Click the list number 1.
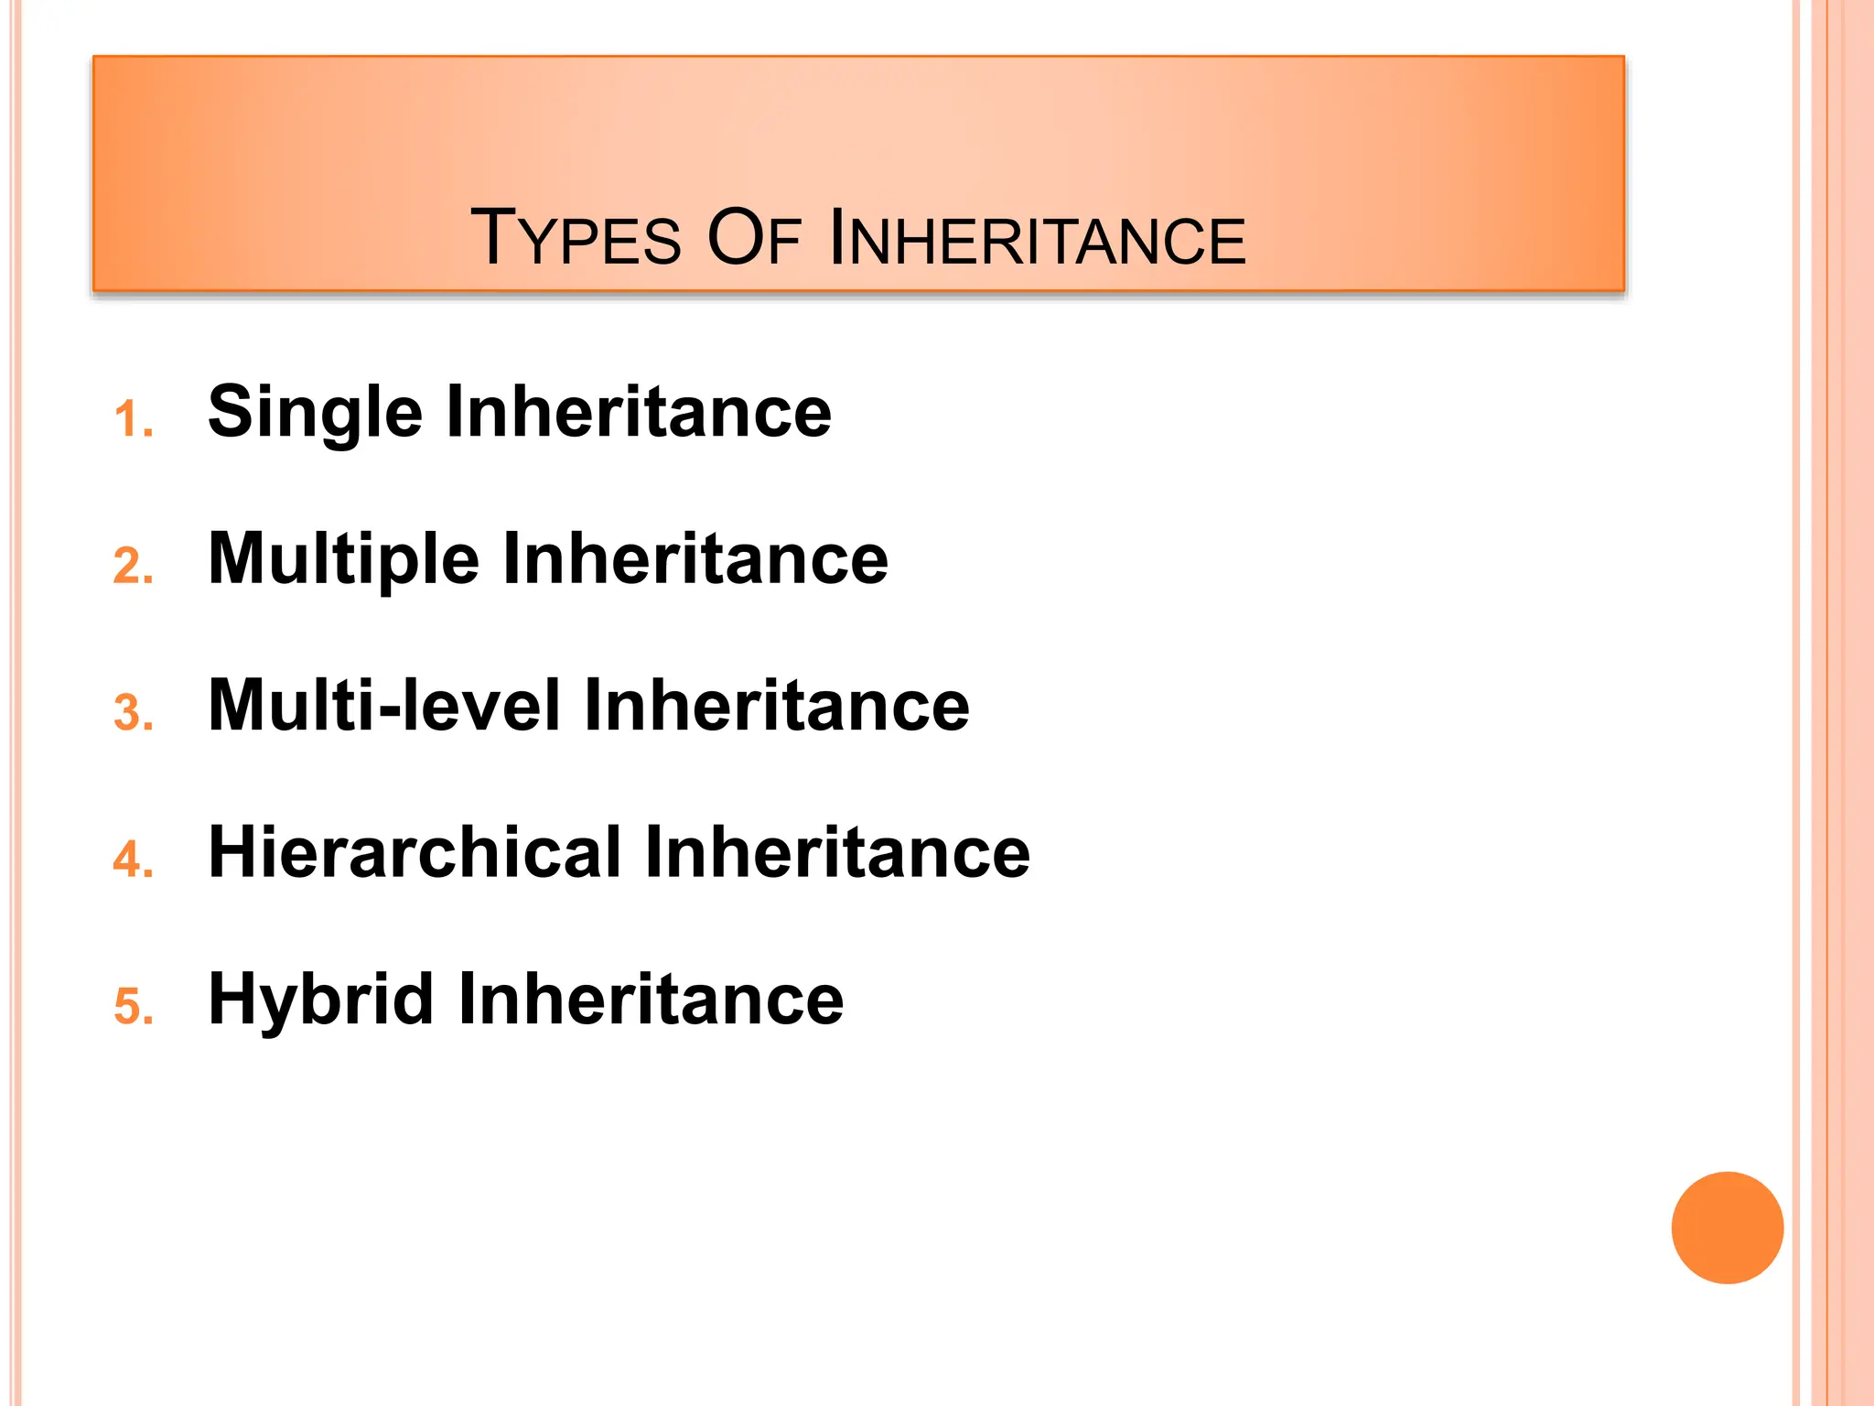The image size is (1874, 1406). point(133,420)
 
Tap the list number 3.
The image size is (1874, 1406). point(133,713)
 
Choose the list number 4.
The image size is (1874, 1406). point(133,860)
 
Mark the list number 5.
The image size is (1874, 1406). point(133,1006)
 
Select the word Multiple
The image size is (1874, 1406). point(343,560)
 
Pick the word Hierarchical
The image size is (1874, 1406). point(415,852)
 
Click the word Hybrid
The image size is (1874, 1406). point(320,1000)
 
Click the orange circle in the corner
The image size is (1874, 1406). point(1727,1228)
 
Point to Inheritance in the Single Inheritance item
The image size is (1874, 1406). point(639,412)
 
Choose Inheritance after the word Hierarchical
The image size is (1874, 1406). point(837,852)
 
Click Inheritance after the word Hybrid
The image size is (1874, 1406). point(651,999)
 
